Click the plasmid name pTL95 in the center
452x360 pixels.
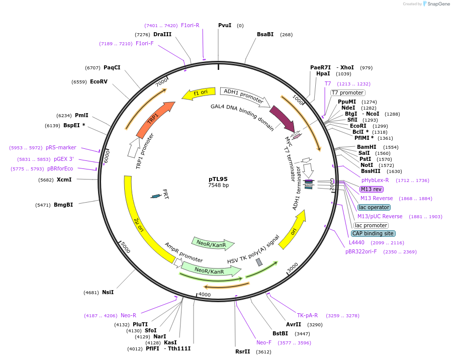[218, 179]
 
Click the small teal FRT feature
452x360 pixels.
[156, 196]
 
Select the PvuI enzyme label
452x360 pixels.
[225, 25]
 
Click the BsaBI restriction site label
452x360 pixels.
[265, 34]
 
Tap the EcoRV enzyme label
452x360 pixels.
[99, 81]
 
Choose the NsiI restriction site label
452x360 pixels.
[108, 292]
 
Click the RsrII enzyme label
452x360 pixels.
[242, 351]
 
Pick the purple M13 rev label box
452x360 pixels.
[371, 189]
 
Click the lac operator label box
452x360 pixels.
[374, 207]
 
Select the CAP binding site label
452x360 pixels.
[373, 233]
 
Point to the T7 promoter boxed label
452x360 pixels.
[347, 93]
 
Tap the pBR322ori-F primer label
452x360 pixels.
[361, 251]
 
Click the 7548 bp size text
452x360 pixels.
[218, 186]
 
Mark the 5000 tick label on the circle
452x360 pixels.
[125, 248]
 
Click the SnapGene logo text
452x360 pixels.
[438, 4]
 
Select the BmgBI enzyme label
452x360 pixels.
[63, 205]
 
